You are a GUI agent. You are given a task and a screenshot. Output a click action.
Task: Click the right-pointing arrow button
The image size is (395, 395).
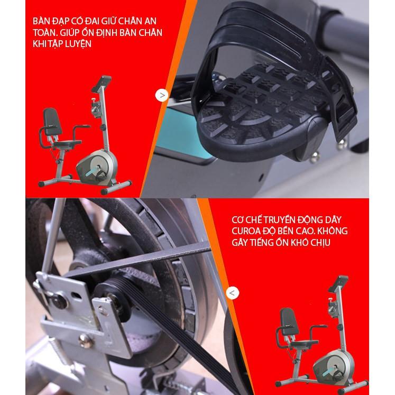pyautogui.click(x=162, y=96)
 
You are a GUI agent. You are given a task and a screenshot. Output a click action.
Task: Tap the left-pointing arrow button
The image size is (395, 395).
pyautogui.click(x=232, y=293)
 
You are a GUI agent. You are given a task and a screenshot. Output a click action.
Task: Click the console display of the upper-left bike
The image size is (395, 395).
pyautogui.click(x=102, y=84)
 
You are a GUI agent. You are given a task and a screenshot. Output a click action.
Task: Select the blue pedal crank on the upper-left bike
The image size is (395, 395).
pyautogui.click(x=91, y=171)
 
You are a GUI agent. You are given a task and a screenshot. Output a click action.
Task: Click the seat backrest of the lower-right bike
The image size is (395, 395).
pyautogui.click(x=289, y=321)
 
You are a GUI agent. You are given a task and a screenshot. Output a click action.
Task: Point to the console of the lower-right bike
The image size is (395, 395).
pyautogui.click(x=338, y=284)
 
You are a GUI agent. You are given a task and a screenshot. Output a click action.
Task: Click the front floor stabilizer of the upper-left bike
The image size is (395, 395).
pyautogui.click(x=116, y=187)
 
